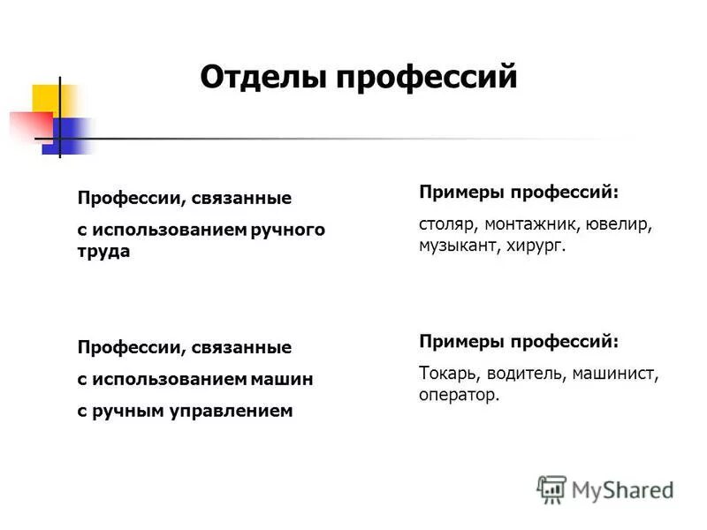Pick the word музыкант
459,246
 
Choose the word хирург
535,246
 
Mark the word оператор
460,395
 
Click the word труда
103,252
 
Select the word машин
285,379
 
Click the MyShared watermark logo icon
551,488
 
